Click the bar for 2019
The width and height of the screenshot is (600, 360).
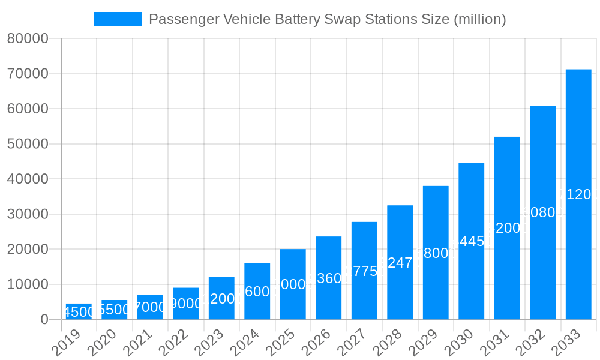(79, 311)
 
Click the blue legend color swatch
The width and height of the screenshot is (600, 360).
(118, 19)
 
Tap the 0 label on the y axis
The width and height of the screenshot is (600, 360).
(44, 320)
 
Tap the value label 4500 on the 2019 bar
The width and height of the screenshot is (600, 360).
(79, 312)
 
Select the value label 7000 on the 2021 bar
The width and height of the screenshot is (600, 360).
(150, 307)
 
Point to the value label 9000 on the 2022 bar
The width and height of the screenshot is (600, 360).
(185, 304)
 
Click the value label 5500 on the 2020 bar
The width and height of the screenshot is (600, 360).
(114, 310)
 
